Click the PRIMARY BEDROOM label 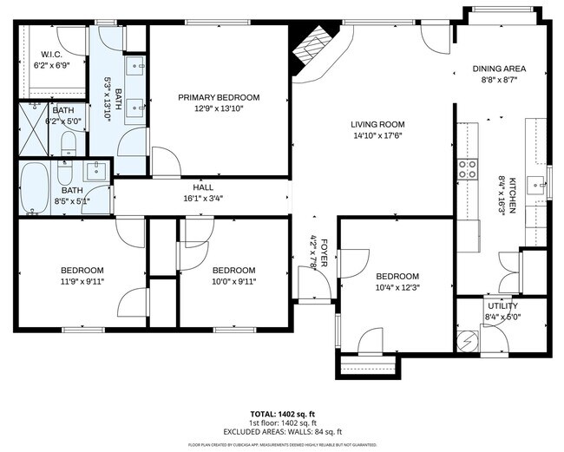[219, 97]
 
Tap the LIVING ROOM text [377, 124]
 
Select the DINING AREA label [499, 69]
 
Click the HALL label [203, 187]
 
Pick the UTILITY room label [502, 305]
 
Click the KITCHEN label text [512, 196]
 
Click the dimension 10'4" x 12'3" [397, 287]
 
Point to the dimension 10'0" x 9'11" [233, 280]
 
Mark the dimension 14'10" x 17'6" [377, 135]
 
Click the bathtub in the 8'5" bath [36, 187]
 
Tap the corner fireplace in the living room [309, 52]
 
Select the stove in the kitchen [469, 167]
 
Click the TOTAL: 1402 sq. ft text [282, 413]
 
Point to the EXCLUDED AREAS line [282, 430]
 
